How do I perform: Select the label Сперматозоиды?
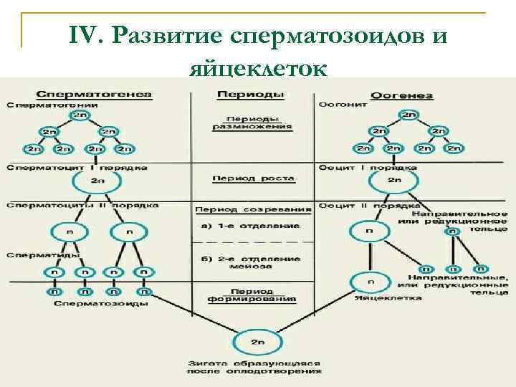coord(100,303)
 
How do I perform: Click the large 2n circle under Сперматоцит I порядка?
coord(98,182)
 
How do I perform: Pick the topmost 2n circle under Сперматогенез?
coord(84,115)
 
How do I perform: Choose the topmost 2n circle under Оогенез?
coord(408,115)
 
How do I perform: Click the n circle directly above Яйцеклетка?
coord(368,280)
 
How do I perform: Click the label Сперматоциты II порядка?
coord(82,205)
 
